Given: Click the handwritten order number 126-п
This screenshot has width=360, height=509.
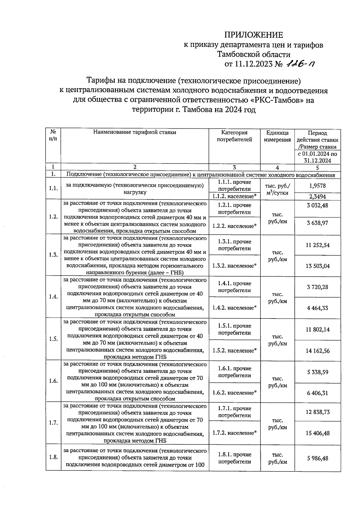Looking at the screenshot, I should point(301,64).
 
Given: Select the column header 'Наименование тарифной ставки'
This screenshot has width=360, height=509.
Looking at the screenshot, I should point(135,132).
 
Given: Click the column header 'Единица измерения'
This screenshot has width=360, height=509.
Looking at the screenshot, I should point(277,136).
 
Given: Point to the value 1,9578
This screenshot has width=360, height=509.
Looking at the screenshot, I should point(317,186).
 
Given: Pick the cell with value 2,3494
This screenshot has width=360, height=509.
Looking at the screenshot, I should point(317,197).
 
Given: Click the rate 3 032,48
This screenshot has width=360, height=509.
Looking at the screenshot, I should point(317,205).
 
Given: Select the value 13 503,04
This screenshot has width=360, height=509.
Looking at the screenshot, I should point(317,266).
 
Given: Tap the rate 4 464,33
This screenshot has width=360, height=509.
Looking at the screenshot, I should point(317,308).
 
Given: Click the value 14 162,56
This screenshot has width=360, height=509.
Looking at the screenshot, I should point(317,351).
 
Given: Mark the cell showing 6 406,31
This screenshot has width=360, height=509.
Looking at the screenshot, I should point(317,393).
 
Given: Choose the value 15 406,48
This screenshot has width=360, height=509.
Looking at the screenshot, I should point(317,433).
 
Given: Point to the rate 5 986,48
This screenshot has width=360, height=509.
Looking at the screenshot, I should point(317,458).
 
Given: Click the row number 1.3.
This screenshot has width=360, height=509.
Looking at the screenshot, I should point(53,255).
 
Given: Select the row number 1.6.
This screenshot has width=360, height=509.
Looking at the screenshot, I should point(53,381).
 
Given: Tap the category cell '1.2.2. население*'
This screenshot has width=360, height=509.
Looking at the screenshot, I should point(234,226).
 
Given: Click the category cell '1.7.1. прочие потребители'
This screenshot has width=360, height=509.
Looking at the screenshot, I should point(234,412).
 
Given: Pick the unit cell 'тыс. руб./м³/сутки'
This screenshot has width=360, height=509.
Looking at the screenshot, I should point(277,189).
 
